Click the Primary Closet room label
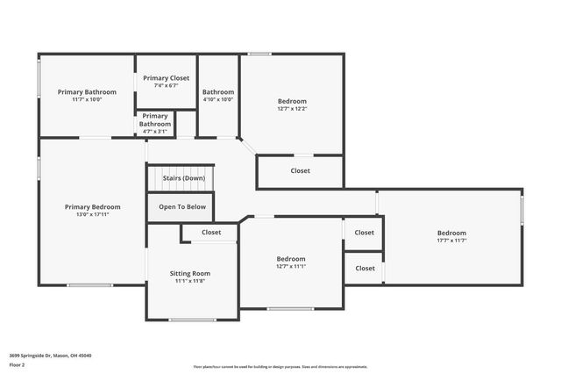click(166, 78)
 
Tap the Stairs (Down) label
click(183, 178)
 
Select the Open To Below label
click(183, 207)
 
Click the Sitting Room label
click(190, 273)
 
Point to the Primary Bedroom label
click(92, 207)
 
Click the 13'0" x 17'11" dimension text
click(92, 215)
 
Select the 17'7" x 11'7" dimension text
click(451, 241)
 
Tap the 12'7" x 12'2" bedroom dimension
click(292, 109)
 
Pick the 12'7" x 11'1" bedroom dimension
click(291, 267)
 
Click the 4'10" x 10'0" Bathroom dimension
click(218, 100)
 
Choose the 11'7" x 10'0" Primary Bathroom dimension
click(87, 100)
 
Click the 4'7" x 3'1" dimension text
click(154, 132)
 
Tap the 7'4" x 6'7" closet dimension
click(166, 86)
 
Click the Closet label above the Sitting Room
click(211, 233)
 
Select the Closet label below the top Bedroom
click(300, 170)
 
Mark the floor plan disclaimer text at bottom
click(280, 367)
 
